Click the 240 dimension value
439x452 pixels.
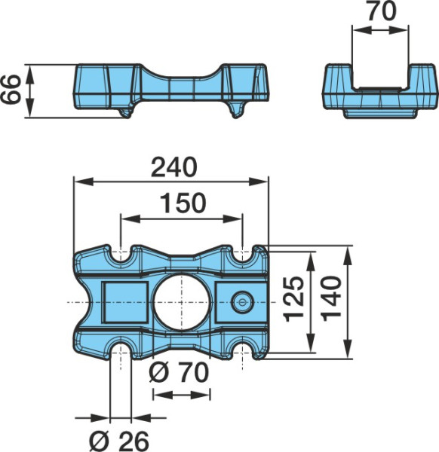click(174, 167)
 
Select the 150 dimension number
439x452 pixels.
click(183, 203)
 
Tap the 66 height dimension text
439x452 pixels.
click(11, 89)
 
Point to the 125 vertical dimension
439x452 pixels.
click(294, 299)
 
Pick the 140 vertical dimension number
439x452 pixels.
click(332, 298)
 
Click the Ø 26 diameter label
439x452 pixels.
click(119, 441)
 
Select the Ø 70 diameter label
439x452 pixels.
click(179, 372)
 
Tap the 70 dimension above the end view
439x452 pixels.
click(381, 11)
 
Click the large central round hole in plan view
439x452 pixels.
click(182, 302)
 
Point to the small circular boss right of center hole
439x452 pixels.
click(242, 302)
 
